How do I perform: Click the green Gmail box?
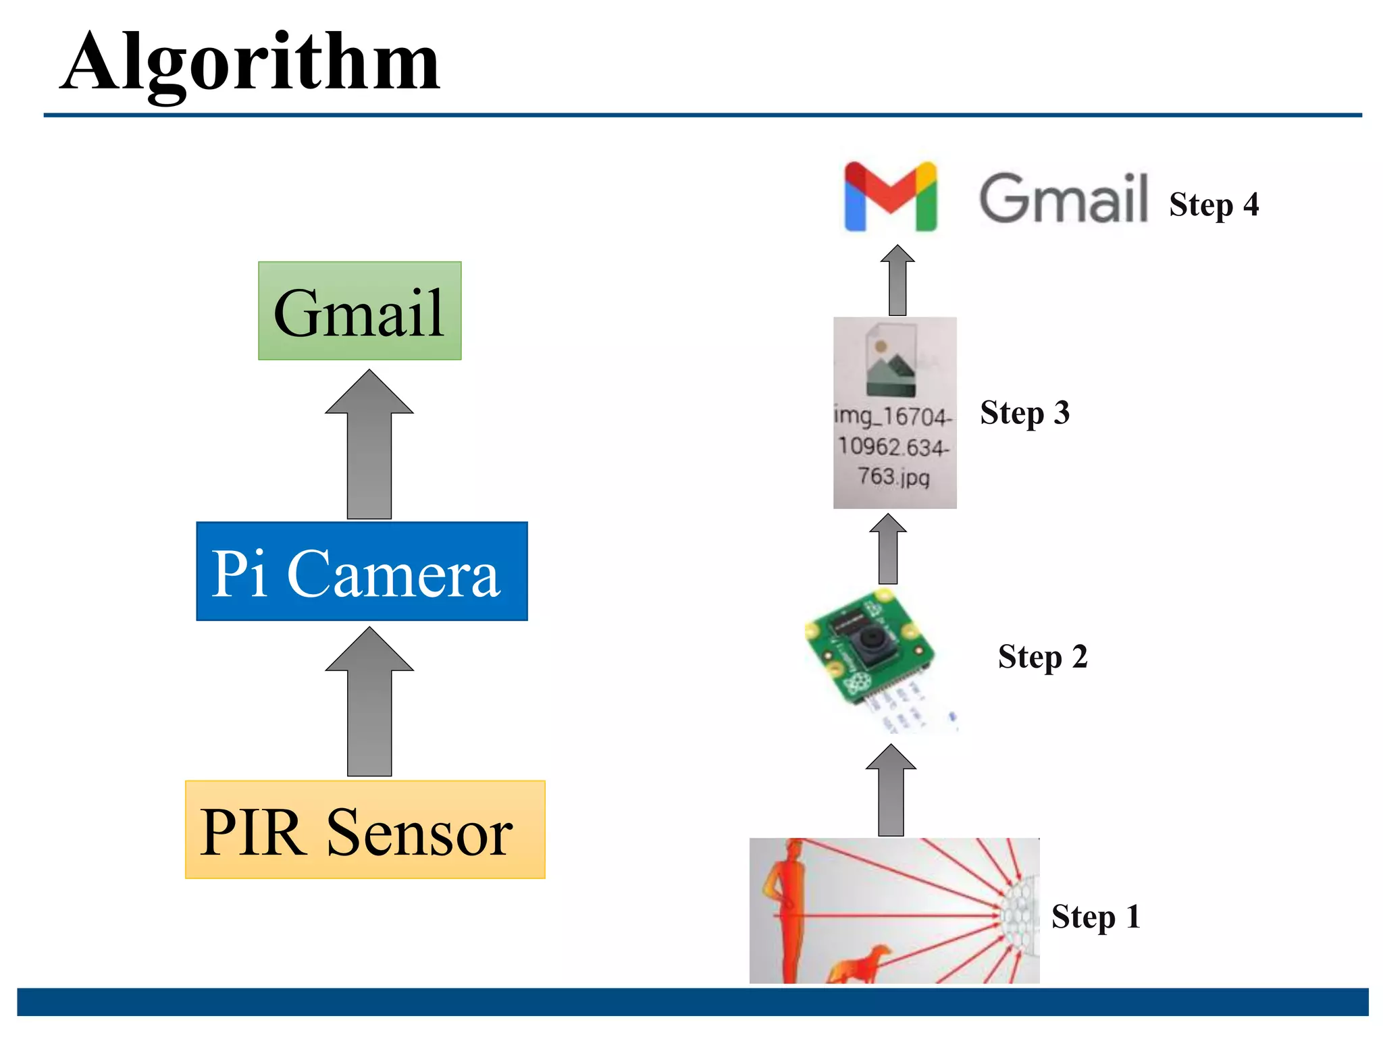coord(359,311)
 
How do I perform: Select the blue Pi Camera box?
coord(361,571)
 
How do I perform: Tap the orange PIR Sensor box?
coord(365,830)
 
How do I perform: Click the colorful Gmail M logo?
coord(890,196)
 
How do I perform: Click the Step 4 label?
coord(1214,204)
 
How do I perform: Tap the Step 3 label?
coord(1024,413)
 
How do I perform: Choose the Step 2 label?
coord(1042,656)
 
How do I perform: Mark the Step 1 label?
coord(1095,917)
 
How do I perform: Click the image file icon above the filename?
coord(891,361)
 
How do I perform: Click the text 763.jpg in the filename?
coord(893,477)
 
